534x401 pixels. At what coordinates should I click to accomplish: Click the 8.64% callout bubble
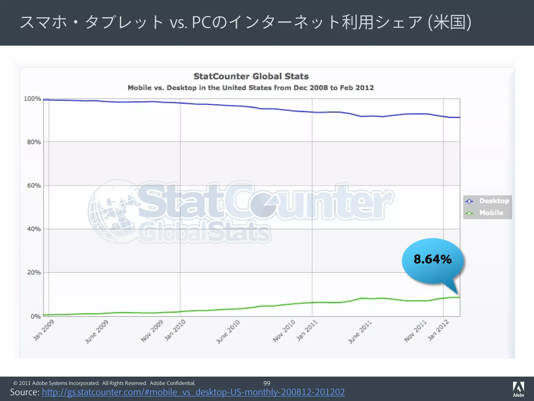(433, 260)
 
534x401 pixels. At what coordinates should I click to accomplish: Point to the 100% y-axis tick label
(32, 99)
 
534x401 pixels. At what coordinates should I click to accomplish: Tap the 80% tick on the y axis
(34, 142)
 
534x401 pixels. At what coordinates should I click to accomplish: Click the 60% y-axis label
(34, 186)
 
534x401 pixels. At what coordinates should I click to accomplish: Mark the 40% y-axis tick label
(34, 229)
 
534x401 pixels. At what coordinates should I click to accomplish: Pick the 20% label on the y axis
(34, 273)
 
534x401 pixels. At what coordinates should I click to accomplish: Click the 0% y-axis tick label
(35, 316)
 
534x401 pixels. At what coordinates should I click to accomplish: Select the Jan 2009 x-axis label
(44, 330)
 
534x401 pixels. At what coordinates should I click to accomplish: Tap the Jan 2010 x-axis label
(175, 330)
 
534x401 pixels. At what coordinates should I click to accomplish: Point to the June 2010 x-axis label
(228, 332)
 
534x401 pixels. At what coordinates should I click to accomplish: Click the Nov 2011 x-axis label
(415, 331)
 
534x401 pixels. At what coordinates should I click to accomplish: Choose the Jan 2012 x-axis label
(438, 330)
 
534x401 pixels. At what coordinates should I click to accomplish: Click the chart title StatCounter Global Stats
(251, 76)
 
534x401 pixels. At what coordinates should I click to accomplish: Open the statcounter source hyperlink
(193, 392)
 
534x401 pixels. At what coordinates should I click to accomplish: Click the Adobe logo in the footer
(518, 389)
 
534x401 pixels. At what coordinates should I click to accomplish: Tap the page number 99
(267, 383)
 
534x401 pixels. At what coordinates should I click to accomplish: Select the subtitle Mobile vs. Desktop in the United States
(251, 88)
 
